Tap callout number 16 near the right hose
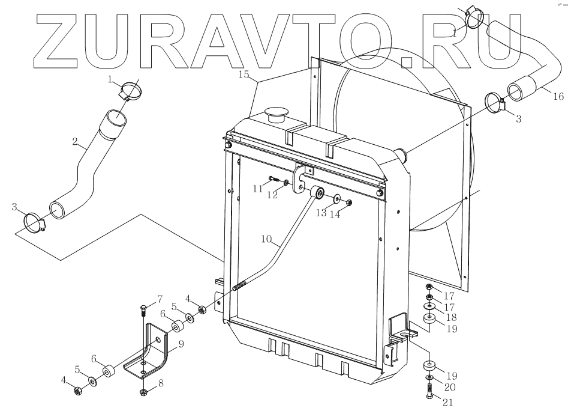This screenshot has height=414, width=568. pos(558,96)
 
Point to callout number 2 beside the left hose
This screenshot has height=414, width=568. pos(76,142)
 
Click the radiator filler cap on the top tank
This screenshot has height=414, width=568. pos(277,114)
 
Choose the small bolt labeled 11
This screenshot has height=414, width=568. pos(274,178)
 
